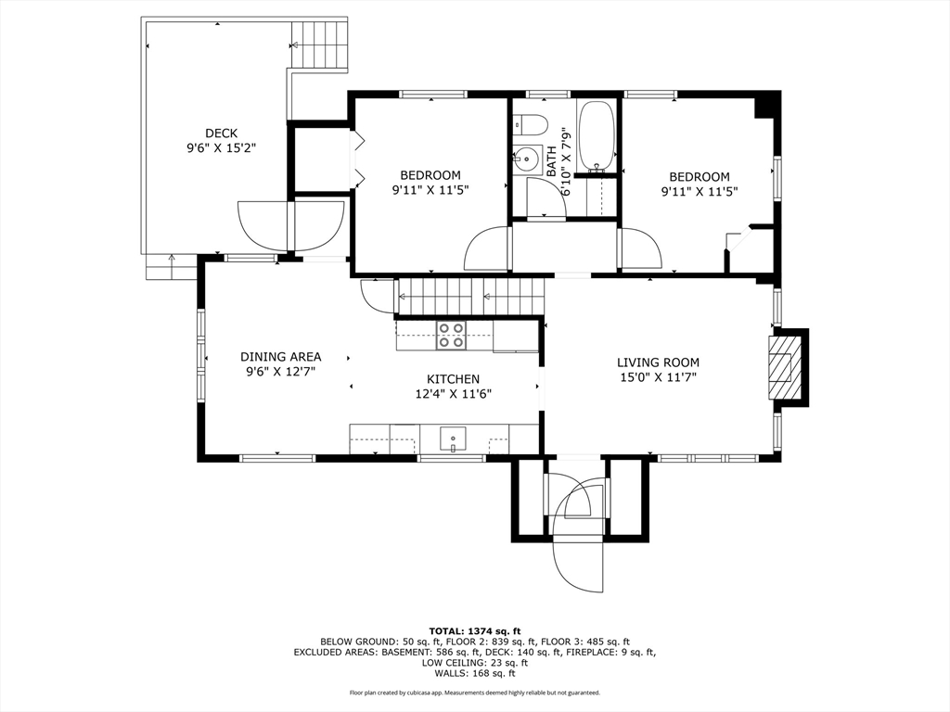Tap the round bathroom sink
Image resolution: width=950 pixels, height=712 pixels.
[x=527, y=159]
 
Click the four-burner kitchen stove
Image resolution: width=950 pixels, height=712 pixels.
[x=452, y=335]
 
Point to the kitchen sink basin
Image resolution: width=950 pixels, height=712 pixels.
[x=453, y=439]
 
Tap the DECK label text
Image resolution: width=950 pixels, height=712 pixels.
[x=221, y=133]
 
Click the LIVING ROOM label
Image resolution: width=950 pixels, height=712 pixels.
[x=658, y=362]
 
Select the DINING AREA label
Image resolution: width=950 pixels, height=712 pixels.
[x=280, y=357]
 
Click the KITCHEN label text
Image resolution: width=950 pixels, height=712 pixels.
[x=453, y=379]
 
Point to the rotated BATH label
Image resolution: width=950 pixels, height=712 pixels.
[x=551, y=161]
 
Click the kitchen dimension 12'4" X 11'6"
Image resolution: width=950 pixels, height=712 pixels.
[x=453, y=394]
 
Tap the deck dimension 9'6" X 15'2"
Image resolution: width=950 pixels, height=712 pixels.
[x=222, y=148]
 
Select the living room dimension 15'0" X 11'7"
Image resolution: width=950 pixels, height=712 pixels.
[x=658, y=378]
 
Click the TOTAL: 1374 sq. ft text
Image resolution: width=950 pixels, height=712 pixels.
[x=475, y=630]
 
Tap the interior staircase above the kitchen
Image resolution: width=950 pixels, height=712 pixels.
[x=470, y=297]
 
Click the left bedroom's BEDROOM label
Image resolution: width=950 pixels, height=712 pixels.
[x=430, y=175]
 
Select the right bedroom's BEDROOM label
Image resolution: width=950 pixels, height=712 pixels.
[x=700, y=177]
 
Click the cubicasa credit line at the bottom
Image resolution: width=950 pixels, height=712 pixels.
[x=475, y=693]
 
